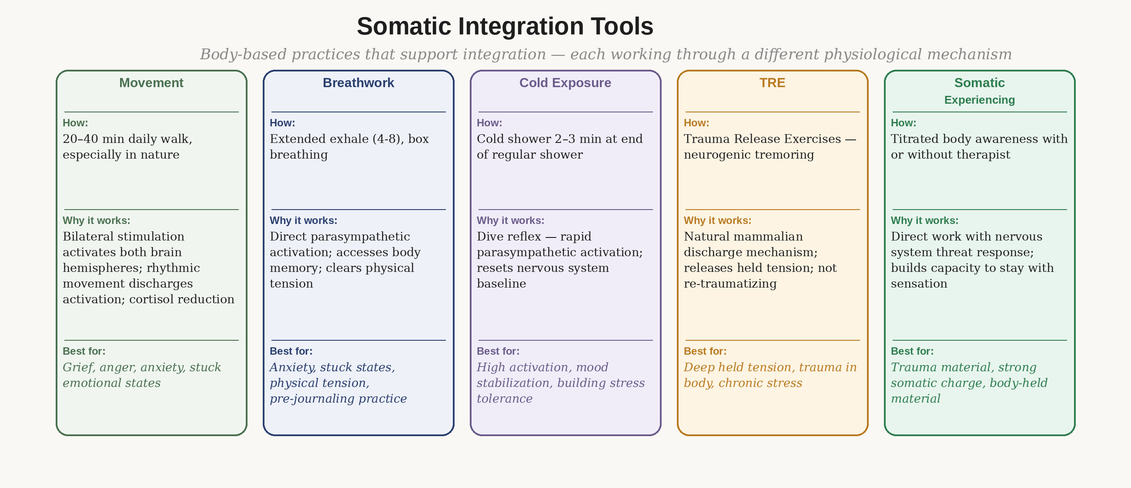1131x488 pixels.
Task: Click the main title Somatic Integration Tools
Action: coord(505,27)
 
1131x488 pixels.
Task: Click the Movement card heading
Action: coord(151,83)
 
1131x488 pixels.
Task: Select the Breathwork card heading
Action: coord(358,83)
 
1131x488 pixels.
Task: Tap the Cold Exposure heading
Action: coord(565,83)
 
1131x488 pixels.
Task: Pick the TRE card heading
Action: coord(772,83)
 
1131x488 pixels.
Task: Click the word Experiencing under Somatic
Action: coord(980,100)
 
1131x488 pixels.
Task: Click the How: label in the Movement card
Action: coord(75,123)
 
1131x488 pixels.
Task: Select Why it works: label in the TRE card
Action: coord(717,221)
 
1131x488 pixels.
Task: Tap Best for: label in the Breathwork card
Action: coord(291,351)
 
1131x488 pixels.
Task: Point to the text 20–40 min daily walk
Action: coord(127,139)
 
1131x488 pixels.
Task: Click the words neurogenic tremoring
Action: coord(749,155)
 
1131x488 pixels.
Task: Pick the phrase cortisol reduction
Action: coord(181,299)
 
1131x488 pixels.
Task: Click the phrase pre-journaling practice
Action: coord(338,399)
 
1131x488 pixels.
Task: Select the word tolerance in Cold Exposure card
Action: coord(505,399)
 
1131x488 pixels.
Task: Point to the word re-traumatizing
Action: coord(730,284)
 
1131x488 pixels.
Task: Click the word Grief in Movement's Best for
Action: coord(79,367)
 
